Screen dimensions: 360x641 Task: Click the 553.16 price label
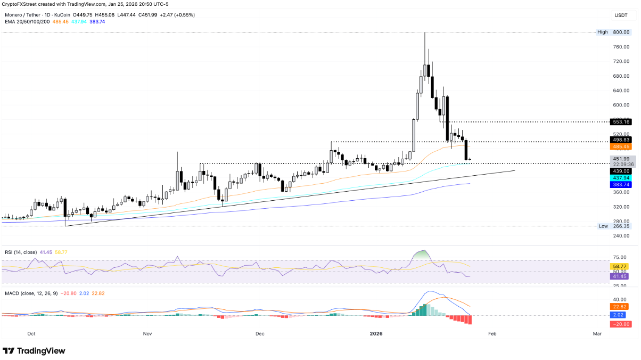[621, 122]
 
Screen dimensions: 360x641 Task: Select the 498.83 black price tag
[621, 139]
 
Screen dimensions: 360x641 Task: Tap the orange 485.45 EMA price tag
[621, 146]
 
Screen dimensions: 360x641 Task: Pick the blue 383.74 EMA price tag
[621, 184]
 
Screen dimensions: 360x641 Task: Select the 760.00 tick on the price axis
[621, 47]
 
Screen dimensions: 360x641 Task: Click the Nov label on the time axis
[147, 334]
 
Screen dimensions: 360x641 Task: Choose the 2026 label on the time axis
[376, 334]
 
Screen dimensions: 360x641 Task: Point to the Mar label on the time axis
[597, 334]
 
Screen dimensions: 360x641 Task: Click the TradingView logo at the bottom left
[34, 351]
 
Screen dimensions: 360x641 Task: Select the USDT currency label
[621, 15]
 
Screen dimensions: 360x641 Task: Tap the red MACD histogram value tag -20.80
[621, 324]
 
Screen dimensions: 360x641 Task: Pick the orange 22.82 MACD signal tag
[621, 307]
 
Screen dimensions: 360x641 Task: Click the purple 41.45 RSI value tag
[621, 276]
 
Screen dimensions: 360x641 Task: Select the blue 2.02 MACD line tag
[621, 316]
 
